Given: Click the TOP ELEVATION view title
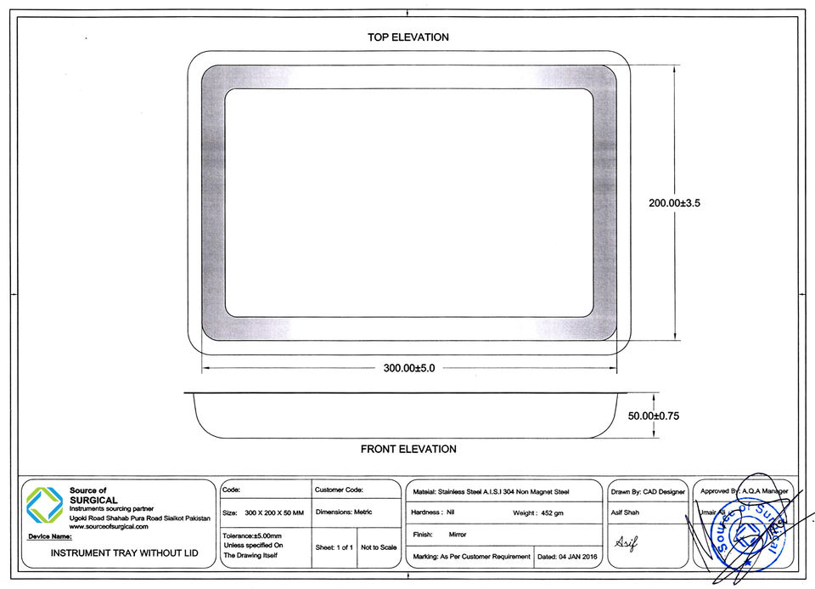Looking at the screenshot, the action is point(407,37).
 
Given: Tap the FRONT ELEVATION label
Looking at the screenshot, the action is point(408,449).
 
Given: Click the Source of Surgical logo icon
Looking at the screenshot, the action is point(44,505).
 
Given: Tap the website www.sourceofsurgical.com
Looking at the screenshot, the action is point(109,527).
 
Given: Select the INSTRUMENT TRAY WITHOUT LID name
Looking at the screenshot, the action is point(125,553).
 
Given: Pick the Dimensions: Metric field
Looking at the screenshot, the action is point(344,513).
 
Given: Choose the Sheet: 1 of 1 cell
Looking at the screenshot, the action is point(334,547).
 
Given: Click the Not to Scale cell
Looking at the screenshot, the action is point(379,547).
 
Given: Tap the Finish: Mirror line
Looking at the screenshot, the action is point(439,535).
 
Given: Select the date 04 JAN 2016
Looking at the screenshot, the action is point(567,557).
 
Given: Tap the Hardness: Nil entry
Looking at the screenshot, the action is point(434,513).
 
